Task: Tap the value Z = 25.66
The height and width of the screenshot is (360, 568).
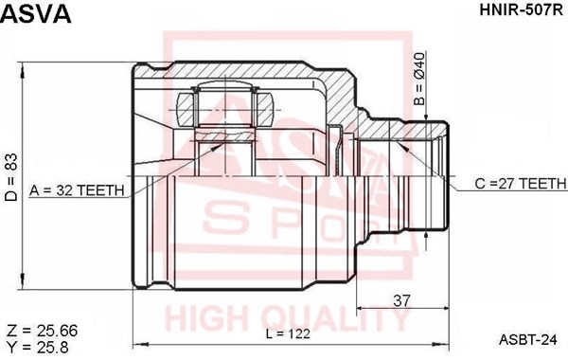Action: (x=43, y=331)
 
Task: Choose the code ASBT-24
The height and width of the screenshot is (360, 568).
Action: (x=527, y=339)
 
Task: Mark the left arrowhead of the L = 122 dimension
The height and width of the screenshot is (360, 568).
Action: (x=136, y=341)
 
